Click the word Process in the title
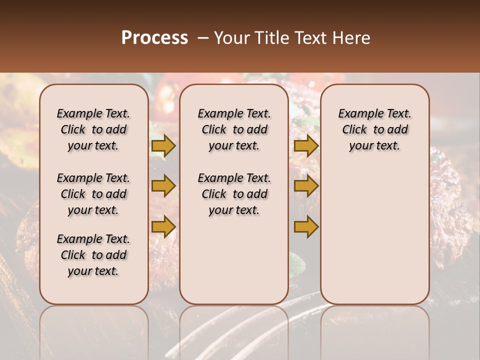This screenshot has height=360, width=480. [x=154, y=38]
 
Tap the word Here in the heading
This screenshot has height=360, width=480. [x=351, y=38]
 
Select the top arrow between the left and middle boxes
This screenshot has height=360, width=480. [x=163, y=145]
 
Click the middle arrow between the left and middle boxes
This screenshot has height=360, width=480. [x=163, y=186]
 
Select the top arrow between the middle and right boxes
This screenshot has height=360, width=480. [x=306, y=145]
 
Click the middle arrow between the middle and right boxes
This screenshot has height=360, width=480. [x=306, y=186]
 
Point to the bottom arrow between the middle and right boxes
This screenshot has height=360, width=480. [x=306, y=227]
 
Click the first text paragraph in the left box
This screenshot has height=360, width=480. [x=93, y=129]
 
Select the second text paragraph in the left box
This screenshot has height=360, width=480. [x=93, y=194]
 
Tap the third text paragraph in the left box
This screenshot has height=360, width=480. [x=93, y=255]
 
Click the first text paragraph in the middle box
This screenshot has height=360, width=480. [x=234, y=129]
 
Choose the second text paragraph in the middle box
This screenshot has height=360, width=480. [x=234, y=194]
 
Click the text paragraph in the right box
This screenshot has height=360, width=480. [x=375, y=129]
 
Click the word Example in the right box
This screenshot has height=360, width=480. [x=356, y=113]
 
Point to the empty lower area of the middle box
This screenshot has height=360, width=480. [x=234, y=260]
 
